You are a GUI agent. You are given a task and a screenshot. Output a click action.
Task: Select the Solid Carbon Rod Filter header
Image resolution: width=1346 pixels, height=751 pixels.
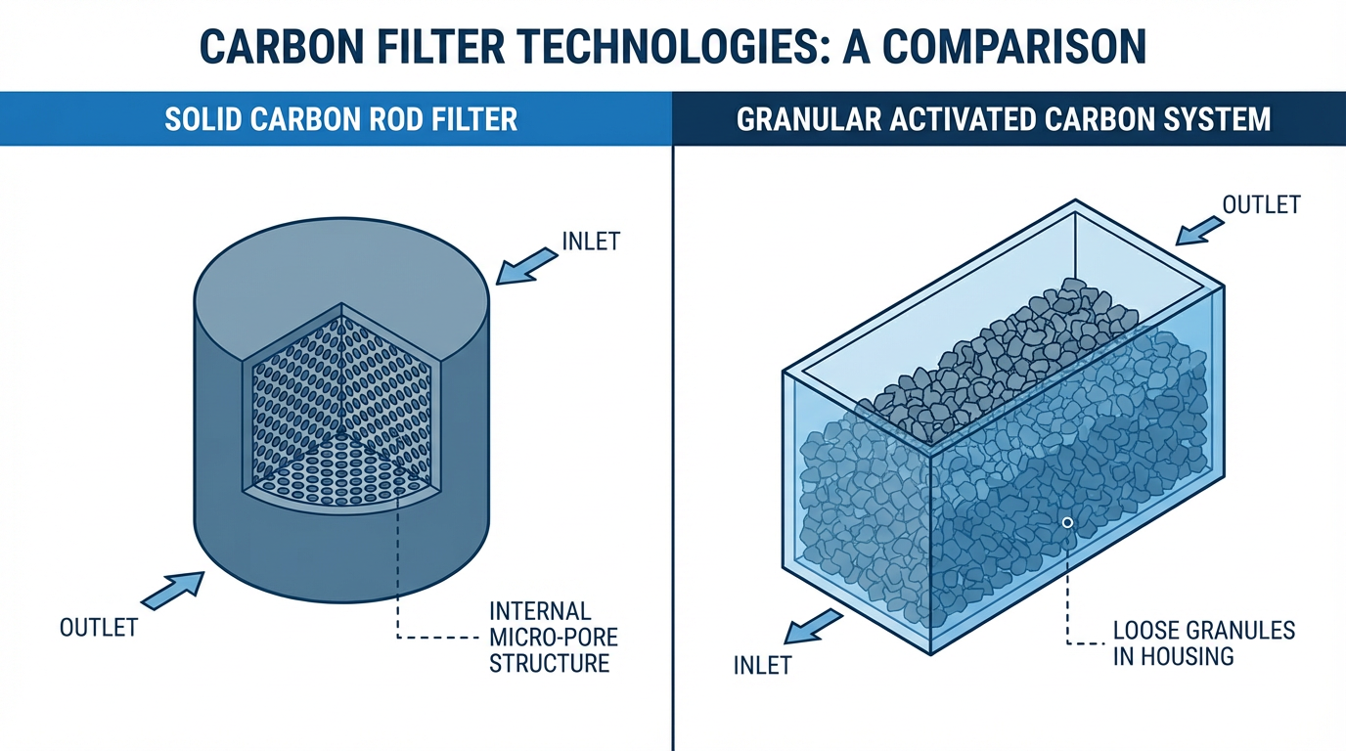tap(341, 119)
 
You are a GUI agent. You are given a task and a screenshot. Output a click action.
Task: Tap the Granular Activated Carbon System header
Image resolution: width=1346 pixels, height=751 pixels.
tap(1004, 119)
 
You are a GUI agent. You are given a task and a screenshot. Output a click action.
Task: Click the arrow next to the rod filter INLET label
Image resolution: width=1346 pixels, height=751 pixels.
tap(524, 261)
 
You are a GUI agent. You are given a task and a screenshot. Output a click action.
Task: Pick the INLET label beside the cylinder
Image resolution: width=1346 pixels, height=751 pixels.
tap(591, 241)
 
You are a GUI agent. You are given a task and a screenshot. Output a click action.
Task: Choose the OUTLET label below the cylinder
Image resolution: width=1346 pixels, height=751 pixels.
tap(99, 627)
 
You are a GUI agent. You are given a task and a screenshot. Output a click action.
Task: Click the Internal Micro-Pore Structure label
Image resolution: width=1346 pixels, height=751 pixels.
tap(554, 638)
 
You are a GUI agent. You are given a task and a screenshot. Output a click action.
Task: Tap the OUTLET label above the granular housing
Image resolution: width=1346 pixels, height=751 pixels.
tap(1262, 204)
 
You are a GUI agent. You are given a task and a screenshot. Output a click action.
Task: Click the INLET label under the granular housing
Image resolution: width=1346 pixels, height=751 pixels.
tap(762, 666)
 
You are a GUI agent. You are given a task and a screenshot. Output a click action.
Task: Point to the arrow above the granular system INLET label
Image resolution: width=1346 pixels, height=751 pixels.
tap(815, 627)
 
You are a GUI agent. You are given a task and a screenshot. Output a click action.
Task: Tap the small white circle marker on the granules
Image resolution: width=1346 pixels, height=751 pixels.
tap(1067, 523)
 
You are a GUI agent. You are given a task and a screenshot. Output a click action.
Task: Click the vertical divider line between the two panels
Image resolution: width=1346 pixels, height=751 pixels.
tap(673, 440)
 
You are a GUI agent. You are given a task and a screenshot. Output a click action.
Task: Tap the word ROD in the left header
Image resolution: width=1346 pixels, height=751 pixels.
tap(382, 119)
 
